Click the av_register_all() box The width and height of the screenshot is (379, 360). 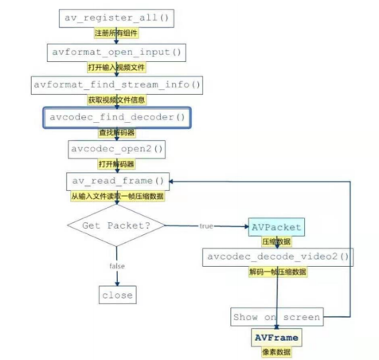116,18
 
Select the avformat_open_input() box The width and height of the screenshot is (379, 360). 116,52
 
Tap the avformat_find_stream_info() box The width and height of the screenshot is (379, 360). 117,84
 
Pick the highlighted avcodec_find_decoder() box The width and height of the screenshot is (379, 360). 116,118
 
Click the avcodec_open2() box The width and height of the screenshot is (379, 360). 116,149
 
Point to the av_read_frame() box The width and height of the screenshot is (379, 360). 116,182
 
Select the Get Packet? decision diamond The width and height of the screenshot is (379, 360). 117,226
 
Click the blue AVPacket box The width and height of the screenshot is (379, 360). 275,226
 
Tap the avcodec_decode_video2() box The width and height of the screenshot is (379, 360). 277,256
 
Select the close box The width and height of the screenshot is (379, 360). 117,295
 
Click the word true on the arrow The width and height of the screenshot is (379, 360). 207,226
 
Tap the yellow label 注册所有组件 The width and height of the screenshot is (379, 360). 116,34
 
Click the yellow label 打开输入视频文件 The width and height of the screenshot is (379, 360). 116,68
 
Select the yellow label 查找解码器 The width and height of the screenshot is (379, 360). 116,133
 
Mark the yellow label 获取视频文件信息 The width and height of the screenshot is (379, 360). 116,100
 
